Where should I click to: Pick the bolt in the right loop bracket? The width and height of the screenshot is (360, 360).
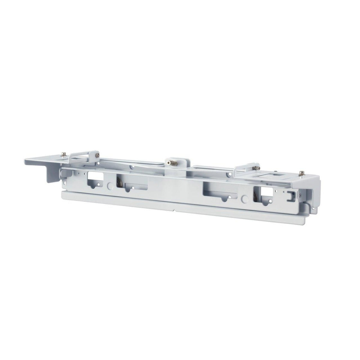[256, 168]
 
